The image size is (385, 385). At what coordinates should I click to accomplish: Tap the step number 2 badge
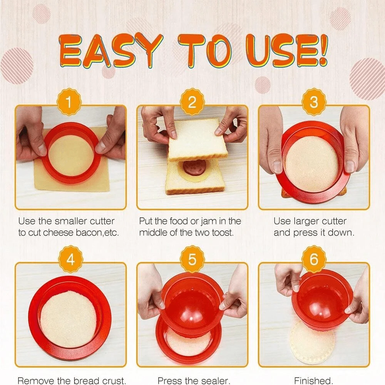click(192, 102)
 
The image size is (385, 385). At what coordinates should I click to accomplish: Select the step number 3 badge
click(314, 102)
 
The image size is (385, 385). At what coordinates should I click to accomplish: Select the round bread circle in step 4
click(69, 319)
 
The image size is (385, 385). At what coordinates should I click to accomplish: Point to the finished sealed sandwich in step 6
click(312, 343)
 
